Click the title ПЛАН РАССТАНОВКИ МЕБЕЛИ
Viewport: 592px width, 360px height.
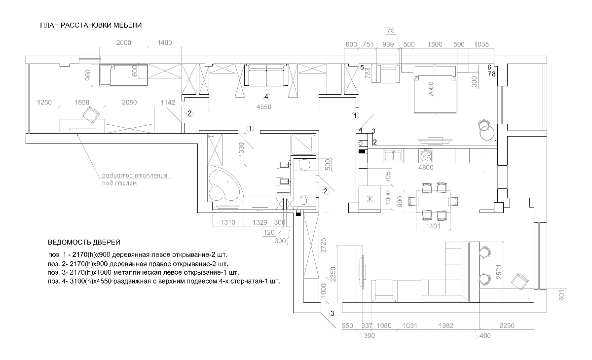tap(91, 25)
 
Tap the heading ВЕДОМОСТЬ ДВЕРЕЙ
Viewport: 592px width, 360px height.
tap(84, 242)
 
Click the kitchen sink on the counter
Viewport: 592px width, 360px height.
tap(393, 155)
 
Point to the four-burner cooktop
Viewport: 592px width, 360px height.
tap(426, 155)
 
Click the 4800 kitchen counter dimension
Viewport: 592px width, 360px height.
tap(426, 168)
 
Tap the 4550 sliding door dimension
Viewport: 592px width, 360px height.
tap(264, 107)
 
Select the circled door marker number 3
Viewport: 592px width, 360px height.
tap(332, 313)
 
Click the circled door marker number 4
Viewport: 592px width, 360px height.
tap(266, 97)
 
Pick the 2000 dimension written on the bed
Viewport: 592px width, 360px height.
tap(431, 89)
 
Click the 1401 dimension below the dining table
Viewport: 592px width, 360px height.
tap(433, 226)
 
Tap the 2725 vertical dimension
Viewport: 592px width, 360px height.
tap(323, 246)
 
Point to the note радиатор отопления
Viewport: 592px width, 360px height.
tap(135, 176)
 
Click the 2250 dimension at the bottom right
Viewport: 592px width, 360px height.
tap(507, 325)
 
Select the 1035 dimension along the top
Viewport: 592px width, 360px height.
tap(481, 44)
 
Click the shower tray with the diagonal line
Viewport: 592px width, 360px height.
tap(303, 144)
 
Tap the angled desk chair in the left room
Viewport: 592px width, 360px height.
tap(91, 114)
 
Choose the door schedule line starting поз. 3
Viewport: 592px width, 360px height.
tap(143, 272)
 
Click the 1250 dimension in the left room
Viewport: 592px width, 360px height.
tap(44, 103)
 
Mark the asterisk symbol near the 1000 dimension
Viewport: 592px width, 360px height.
tap(370, 199)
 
